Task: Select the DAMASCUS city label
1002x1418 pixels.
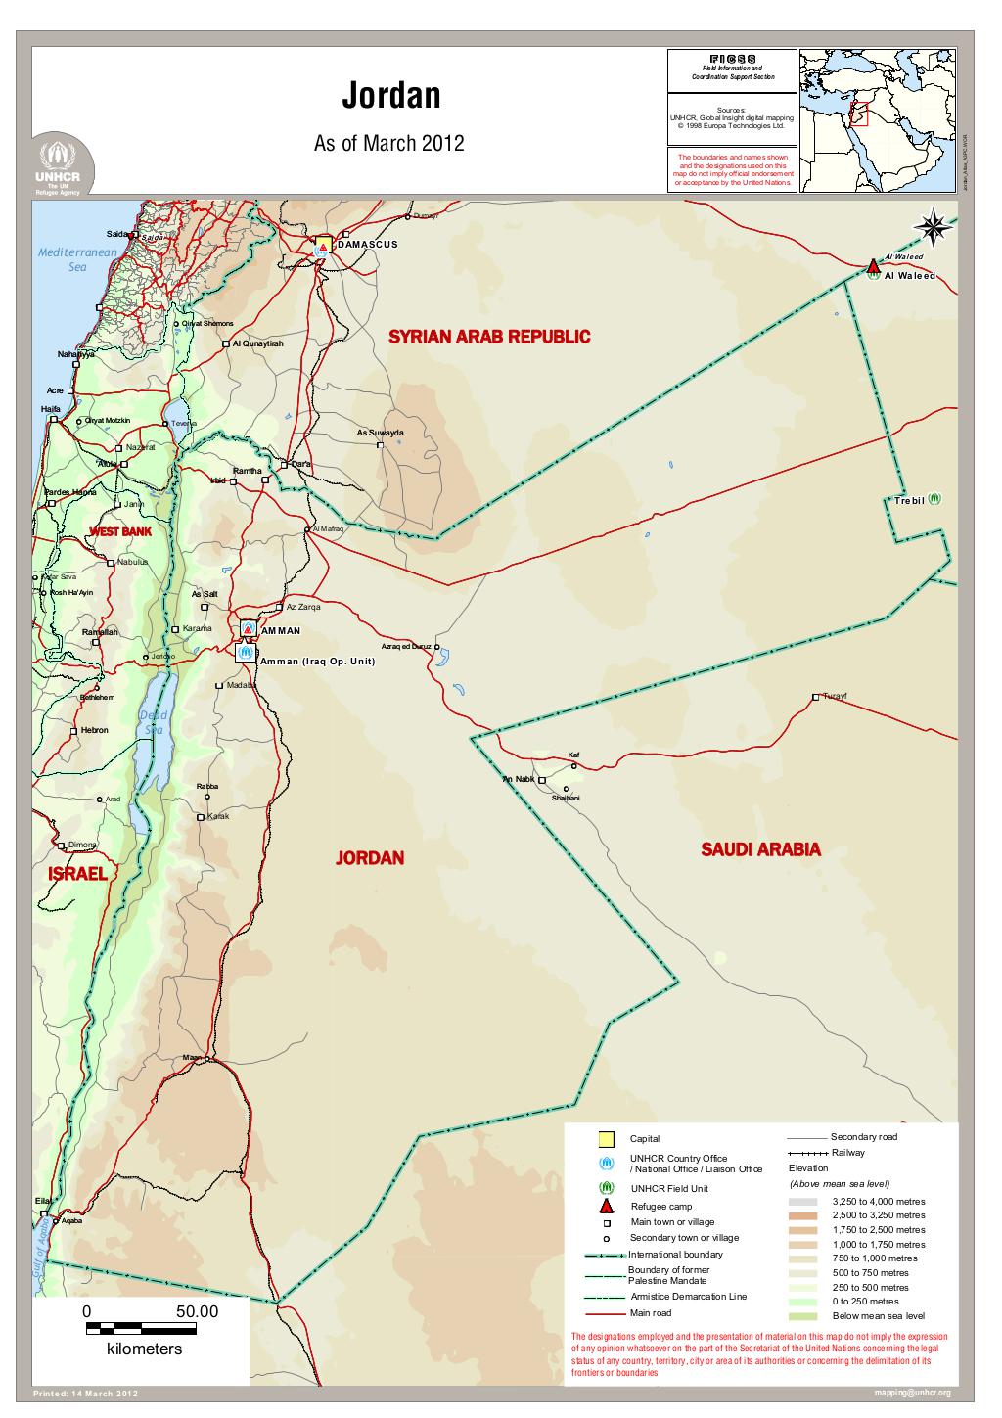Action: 368,244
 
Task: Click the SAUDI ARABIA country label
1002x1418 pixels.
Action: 760,849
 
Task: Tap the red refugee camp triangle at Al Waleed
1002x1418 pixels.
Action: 874,266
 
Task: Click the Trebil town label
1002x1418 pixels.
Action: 908,501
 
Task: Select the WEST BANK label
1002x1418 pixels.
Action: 120,531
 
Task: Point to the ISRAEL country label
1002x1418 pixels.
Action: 77,873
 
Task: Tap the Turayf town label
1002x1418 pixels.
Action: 834,696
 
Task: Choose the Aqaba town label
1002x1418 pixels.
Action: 71,1221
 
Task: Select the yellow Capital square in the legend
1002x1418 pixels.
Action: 606,1138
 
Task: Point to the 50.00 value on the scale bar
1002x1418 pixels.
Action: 196,1312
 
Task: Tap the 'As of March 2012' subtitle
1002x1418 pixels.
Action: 387,145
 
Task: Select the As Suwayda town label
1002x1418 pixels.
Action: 380,432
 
